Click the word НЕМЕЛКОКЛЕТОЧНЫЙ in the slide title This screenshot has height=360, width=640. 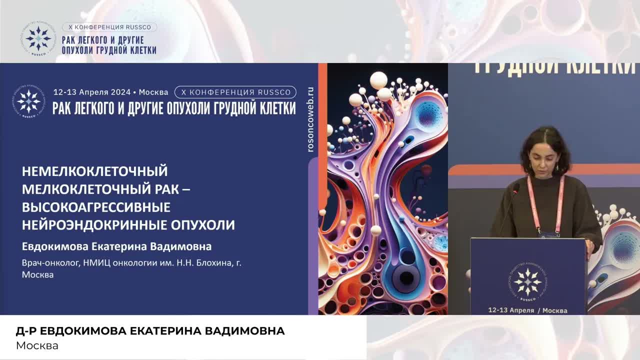94,171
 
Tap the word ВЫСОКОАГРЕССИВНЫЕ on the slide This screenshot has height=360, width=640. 96,207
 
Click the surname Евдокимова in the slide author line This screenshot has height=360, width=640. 54,246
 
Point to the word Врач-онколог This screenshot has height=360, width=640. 48,262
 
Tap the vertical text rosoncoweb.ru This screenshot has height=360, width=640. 310,119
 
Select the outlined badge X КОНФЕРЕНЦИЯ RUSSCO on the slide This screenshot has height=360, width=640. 235,92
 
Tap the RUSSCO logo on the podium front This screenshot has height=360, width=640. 528,281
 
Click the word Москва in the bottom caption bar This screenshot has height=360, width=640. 37,345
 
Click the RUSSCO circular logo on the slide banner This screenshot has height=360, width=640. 29,101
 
